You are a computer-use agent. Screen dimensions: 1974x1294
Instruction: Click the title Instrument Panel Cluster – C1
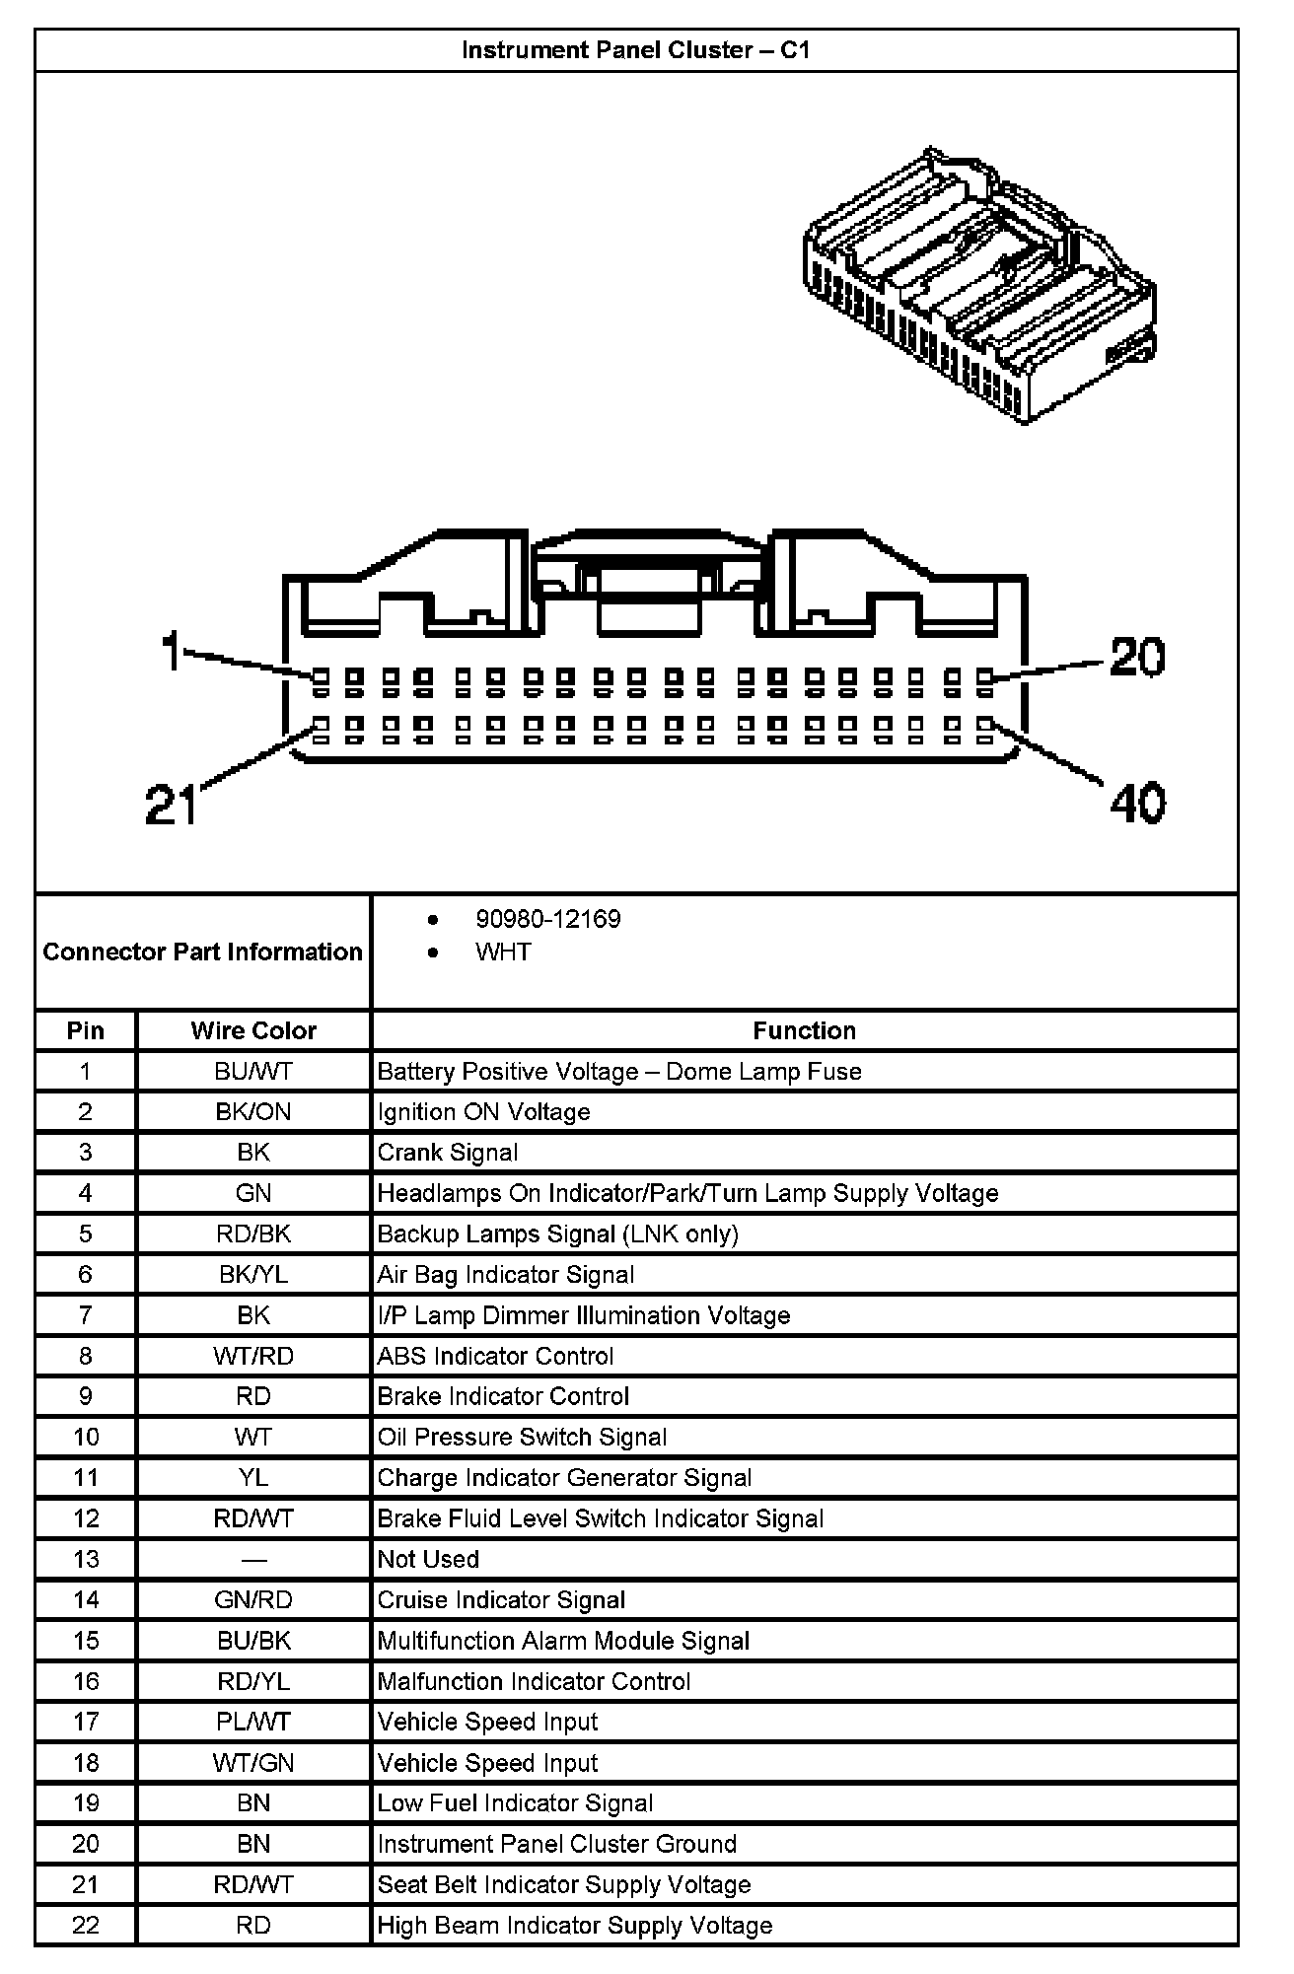[x=636, y=50]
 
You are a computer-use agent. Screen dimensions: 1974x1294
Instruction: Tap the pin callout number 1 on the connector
[x=172, y=652]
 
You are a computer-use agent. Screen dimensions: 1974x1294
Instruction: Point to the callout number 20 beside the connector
[x=1137, y=658]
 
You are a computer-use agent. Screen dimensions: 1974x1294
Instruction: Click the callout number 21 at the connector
[x=172, y=804]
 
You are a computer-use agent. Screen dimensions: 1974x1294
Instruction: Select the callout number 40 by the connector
[x=1137, y=803]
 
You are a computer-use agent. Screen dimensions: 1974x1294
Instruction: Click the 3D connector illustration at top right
[x=979, y=285]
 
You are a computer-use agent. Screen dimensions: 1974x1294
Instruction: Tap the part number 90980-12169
[x=548, y=919]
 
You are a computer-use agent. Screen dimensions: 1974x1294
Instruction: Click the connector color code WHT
[x=503, y=952]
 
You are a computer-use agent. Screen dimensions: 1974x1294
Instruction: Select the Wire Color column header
[x=253, y=1030]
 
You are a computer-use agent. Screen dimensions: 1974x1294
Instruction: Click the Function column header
[x=804, y=1030]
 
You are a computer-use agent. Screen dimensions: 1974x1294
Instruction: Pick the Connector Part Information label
[x=202, y=952]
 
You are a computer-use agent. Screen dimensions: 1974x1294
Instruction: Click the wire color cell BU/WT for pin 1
[x=253, y=1072]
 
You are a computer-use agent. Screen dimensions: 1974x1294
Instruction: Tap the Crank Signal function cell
[x=448, y=1153]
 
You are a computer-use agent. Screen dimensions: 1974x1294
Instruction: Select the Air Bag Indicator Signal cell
[x=506, y=1275]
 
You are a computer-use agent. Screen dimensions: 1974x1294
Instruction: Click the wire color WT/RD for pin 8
[x=253, y=1356]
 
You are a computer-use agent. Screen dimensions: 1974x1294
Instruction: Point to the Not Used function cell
[x=428, y=1559]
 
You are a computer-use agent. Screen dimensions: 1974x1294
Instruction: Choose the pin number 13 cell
[x=86, y=1559]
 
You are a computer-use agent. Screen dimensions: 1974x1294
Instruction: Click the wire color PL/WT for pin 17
[x=253, y=1722]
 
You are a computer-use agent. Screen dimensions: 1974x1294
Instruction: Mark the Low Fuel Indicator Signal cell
[x=515, y=1803]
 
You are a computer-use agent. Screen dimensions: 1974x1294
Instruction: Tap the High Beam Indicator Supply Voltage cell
[x=575, y=1925]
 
